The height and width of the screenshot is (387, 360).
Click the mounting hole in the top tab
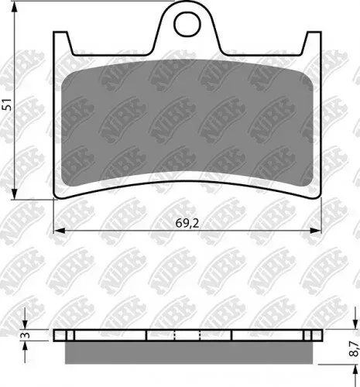(187, 24)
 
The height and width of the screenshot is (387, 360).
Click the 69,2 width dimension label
(187, 224)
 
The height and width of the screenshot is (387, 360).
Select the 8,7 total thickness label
(354, 348)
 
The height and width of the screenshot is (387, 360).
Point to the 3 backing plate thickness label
(26, 335)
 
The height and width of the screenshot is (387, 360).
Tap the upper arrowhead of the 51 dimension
(15, 7)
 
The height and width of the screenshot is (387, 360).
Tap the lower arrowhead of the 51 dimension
(15, 193)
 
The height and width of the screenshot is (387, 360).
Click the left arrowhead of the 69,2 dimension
(60, 231)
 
